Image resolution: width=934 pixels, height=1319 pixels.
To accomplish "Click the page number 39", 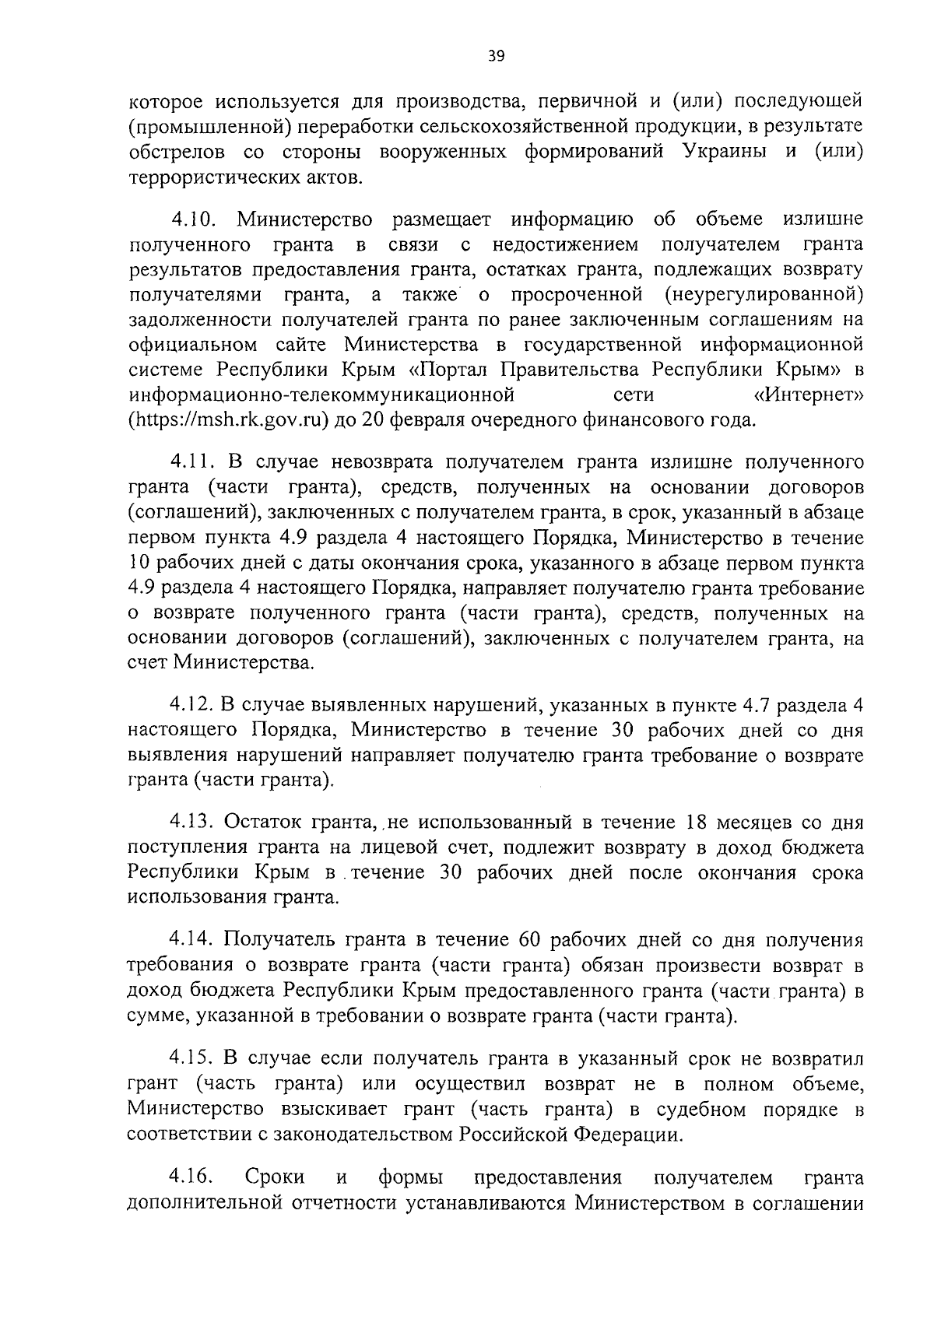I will pos(497,55).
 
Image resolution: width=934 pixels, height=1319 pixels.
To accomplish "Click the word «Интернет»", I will pos(809,396).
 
